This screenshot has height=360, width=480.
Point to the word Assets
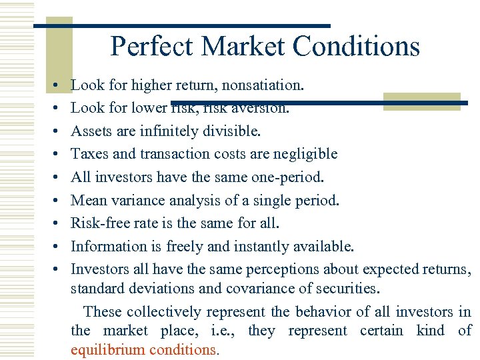[x=91, y=131]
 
